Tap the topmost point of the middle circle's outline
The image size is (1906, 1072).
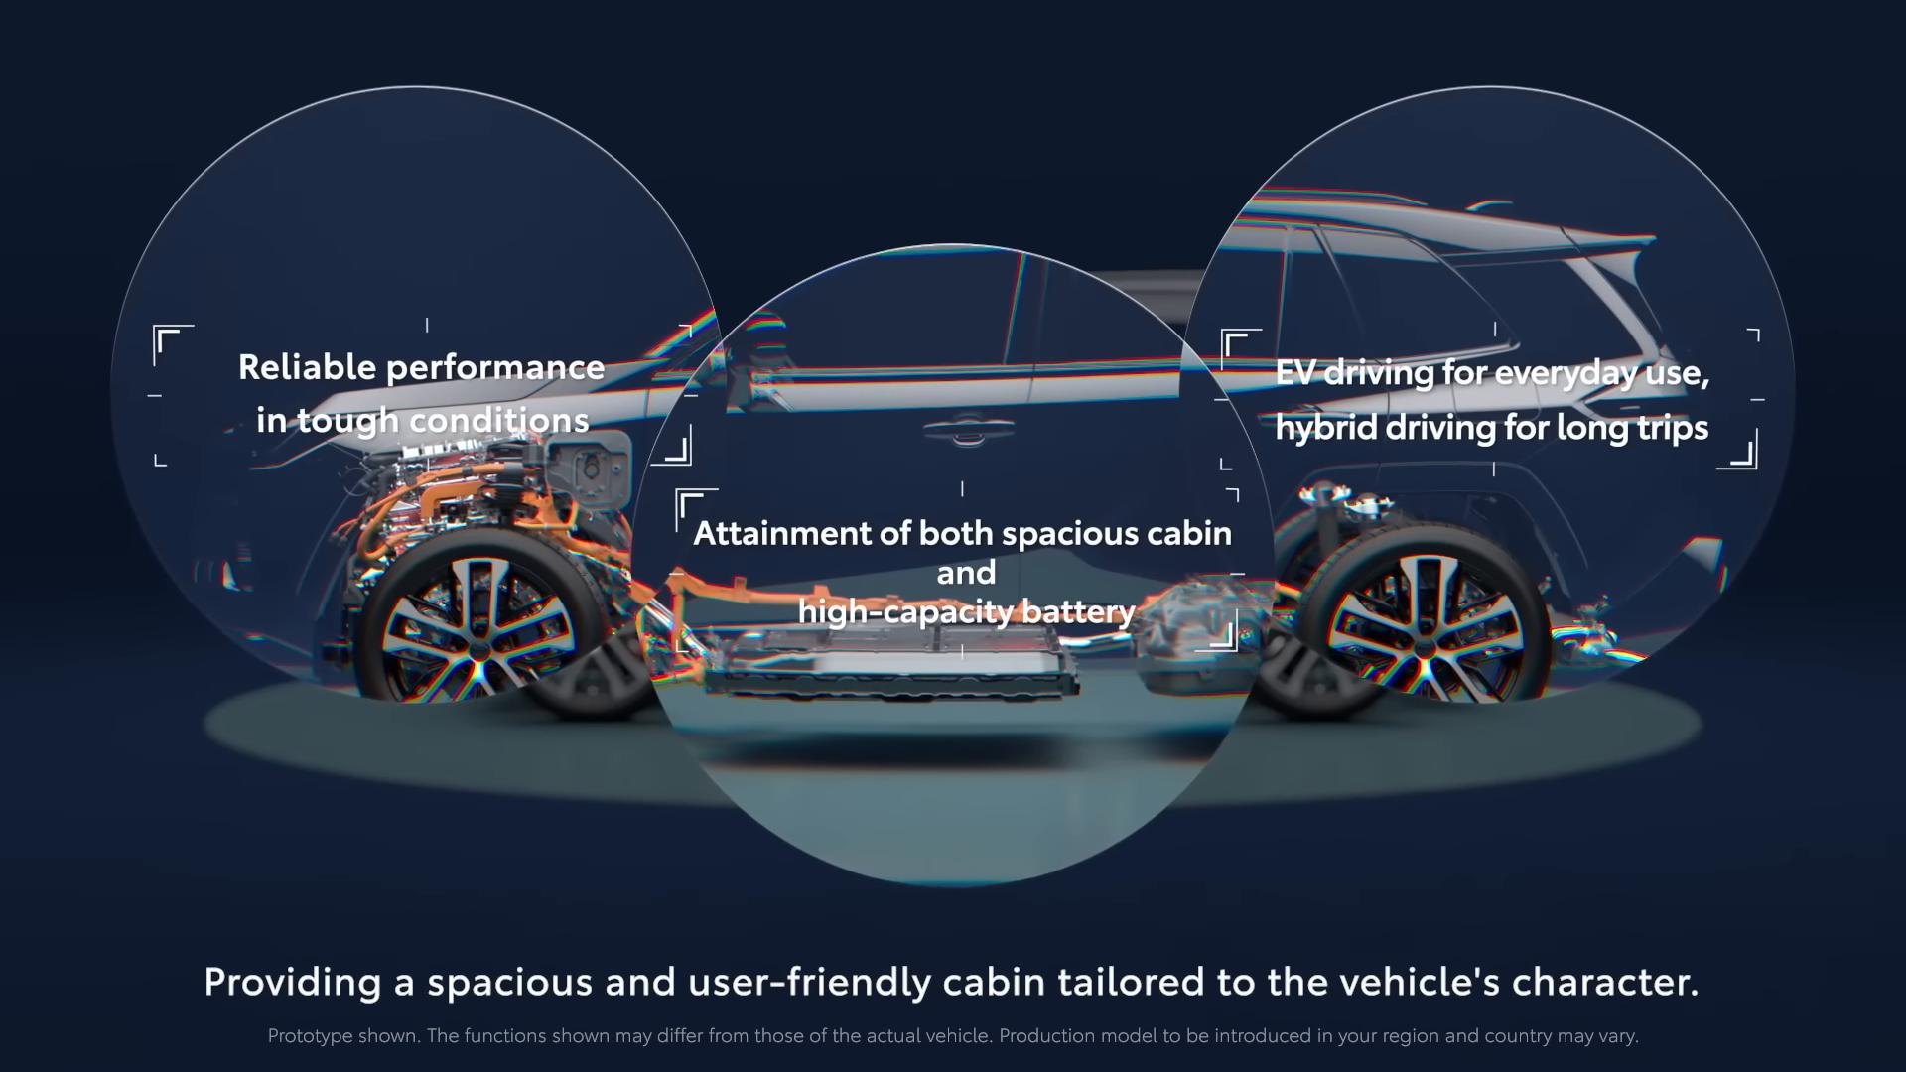(951, 244)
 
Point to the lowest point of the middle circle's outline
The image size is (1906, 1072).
(951, 885)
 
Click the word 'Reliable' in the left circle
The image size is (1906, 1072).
(308, 367)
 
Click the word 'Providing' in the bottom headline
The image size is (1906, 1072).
(293, 983)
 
